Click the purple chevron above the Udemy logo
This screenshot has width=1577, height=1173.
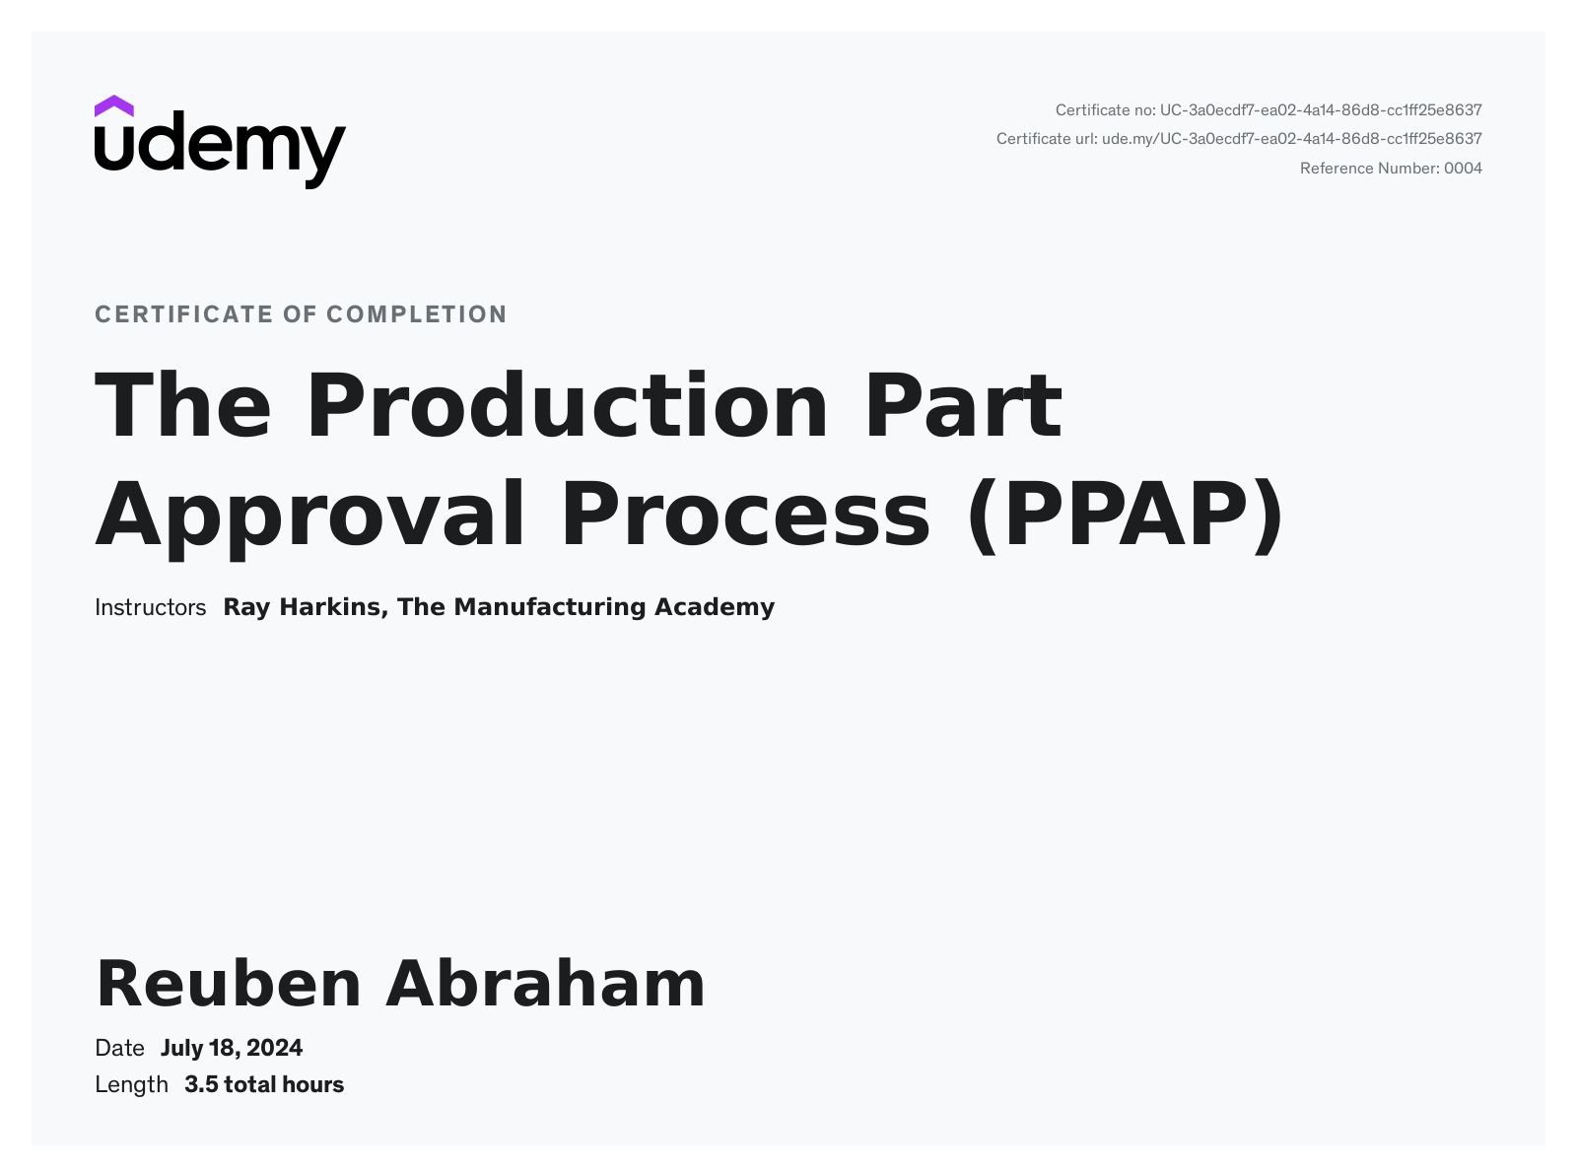point(113,105)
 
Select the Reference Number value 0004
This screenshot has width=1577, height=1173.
point(1463,169)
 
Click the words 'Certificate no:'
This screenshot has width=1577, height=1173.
point(1106,110)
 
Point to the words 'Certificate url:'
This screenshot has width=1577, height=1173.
point(1047,139)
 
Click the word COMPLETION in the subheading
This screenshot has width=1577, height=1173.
point(417,314)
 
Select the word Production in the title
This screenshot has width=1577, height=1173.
point(567,405)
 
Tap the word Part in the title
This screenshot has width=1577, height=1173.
point(963,405)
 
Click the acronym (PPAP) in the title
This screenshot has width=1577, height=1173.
point(1126,515)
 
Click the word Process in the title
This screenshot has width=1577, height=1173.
point(745,515)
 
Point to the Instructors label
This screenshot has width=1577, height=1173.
point(150,607)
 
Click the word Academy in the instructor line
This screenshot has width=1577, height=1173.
point(715,607)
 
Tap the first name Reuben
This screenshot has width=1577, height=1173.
point(229,985)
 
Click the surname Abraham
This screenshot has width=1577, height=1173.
point(545,984)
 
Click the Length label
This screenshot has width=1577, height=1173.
point(131,1085)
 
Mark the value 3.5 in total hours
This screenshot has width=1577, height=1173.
point(201,1085)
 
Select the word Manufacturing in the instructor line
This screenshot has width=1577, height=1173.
point(550,607)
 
